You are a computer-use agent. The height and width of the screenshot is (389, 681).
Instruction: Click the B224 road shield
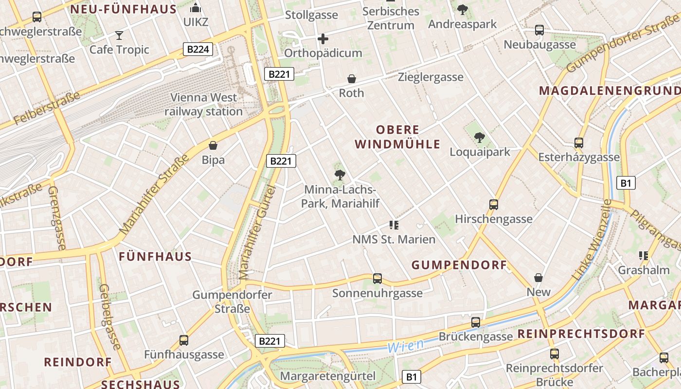coord(198,49)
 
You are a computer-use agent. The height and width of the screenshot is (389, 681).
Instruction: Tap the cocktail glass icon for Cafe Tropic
coord(119,35)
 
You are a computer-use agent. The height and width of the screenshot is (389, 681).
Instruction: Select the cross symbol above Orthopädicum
coord(323,38)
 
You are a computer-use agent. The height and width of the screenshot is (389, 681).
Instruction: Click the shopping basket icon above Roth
coord(351,79)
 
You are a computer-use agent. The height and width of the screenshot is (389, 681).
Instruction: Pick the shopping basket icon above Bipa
coord(213,145)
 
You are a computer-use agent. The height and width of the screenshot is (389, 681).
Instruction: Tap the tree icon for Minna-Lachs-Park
coord(340,175)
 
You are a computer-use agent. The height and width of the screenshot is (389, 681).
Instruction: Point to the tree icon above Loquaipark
coord(480,138)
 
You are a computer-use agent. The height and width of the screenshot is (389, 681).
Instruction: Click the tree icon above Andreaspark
coord(462,9)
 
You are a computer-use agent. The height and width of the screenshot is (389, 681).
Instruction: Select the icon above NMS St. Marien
coord(394,225)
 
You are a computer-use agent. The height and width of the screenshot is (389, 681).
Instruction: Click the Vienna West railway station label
coord(203,105)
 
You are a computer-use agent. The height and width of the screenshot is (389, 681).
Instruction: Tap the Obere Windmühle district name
coord(398,137)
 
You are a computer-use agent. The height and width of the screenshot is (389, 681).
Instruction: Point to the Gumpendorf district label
coord(459,265)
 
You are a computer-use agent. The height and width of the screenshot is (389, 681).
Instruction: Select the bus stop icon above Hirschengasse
coord(494,205)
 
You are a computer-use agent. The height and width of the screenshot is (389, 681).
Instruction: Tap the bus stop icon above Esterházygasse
coord(578,143)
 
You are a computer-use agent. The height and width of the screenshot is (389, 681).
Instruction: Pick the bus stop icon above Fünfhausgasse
coord(183,340)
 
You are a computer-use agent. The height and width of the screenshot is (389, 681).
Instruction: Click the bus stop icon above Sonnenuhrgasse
coord(377,279)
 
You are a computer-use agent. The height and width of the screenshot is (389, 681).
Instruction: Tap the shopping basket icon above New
coord(538,278)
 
